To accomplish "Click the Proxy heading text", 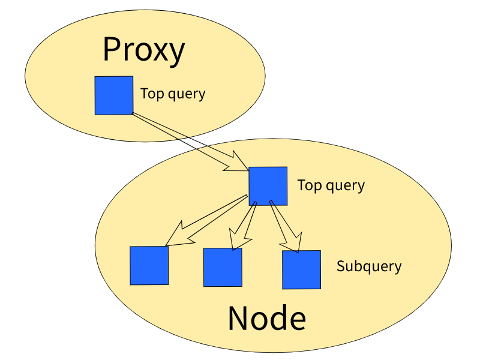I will pos(143,50).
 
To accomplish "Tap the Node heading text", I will pos(266,319).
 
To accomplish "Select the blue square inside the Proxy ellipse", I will pos(114,95).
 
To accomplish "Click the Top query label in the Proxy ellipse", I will pos(173,94).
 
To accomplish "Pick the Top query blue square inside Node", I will pos(268,185).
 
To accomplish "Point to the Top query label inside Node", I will pos(331,185).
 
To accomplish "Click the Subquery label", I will pos(369,266).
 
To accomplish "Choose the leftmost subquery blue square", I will pos(149,265).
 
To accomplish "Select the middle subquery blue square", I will pos(223,267).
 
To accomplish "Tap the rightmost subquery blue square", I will pos(301,269).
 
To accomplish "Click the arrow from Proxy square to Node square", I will pos(186,141).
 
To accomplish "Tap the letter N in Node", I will pos(238,319).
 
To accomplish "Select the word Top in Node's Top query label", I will pos(308,185).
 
